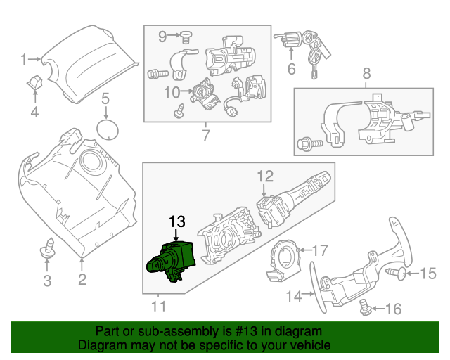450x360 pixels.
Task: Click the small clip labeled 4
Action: [x=34, y=85]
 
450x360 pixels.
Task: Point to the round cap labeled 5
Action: [x=106, y=130]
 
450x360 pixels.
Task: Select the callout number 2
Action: [x=82, y=281]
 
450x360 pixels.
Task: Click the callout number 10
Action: [x=172, y=91]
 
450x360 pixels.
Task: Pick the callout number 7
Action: [x=205, y=135]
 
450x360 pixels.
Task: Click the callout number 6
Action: [x=290, y=69]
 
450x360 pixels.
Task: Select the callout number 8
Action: [x=366, y=72]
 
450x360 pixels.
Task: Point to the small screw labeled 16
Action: [x=364, y=306]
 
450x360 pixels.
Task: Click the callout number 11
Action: [x=159, y=306]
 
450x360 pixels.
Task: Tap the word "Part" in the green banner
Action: [x=108, y=331]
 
